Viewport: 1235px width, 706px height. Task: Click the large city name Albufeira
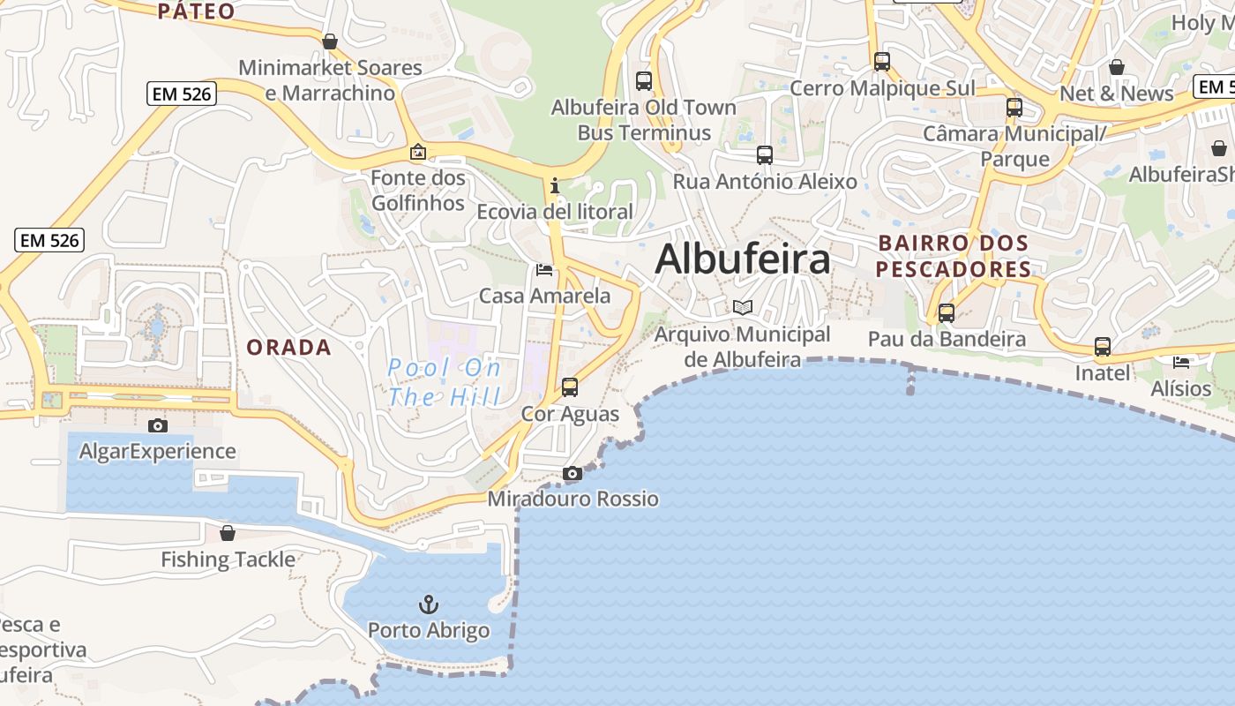pos(743,259)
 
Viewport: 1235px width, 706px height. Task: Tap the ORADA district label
pos(288,348)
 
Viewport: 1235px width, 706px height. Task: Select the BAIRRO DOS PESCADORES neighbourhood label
pos(954,256)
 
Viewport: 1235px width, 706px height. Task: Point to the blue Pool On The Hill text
pos(445,382)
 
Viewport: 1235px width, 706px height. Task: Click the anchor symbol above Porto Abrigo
pos(428,605)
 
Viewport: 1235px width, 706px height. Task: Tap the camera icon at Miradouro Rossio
pos(573,474)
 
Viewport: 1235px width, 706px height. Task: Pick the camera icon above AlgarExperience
pos(158,426)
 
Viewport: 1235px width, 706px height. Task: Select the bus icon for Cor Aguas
pos(570,387)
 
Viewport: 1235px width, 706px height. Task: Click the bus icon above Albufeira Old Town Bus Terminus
pos(644,81)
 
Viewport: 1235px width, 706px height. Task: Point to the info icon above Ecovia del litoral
pos(555,185)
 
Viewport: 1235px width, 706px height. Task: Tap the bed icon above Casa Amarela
pos(544,269)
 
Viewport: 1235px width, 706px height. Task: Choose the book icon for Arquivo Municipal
pos(743,308)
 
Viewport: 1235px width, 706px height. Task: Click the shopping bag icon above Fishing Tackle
pos(228,533)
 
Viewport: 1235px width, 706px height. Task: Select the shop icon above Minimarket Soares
pos(330,41)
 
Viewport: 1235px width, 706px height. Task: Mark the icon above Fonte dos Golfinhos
pos(418,152)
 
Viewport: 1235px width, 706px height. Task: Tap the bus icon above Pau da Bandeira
pos(947,312)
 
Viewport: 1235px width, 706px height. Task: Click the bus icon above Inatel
pos(1103,347)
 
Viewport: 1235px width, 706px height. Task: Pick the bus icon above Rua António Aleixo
pos(765,155)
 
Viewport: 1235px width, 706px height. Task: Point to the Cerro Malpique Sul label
pos(882,88)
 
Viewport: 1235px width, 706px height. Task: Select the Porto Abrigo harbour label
pos(429,631)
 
